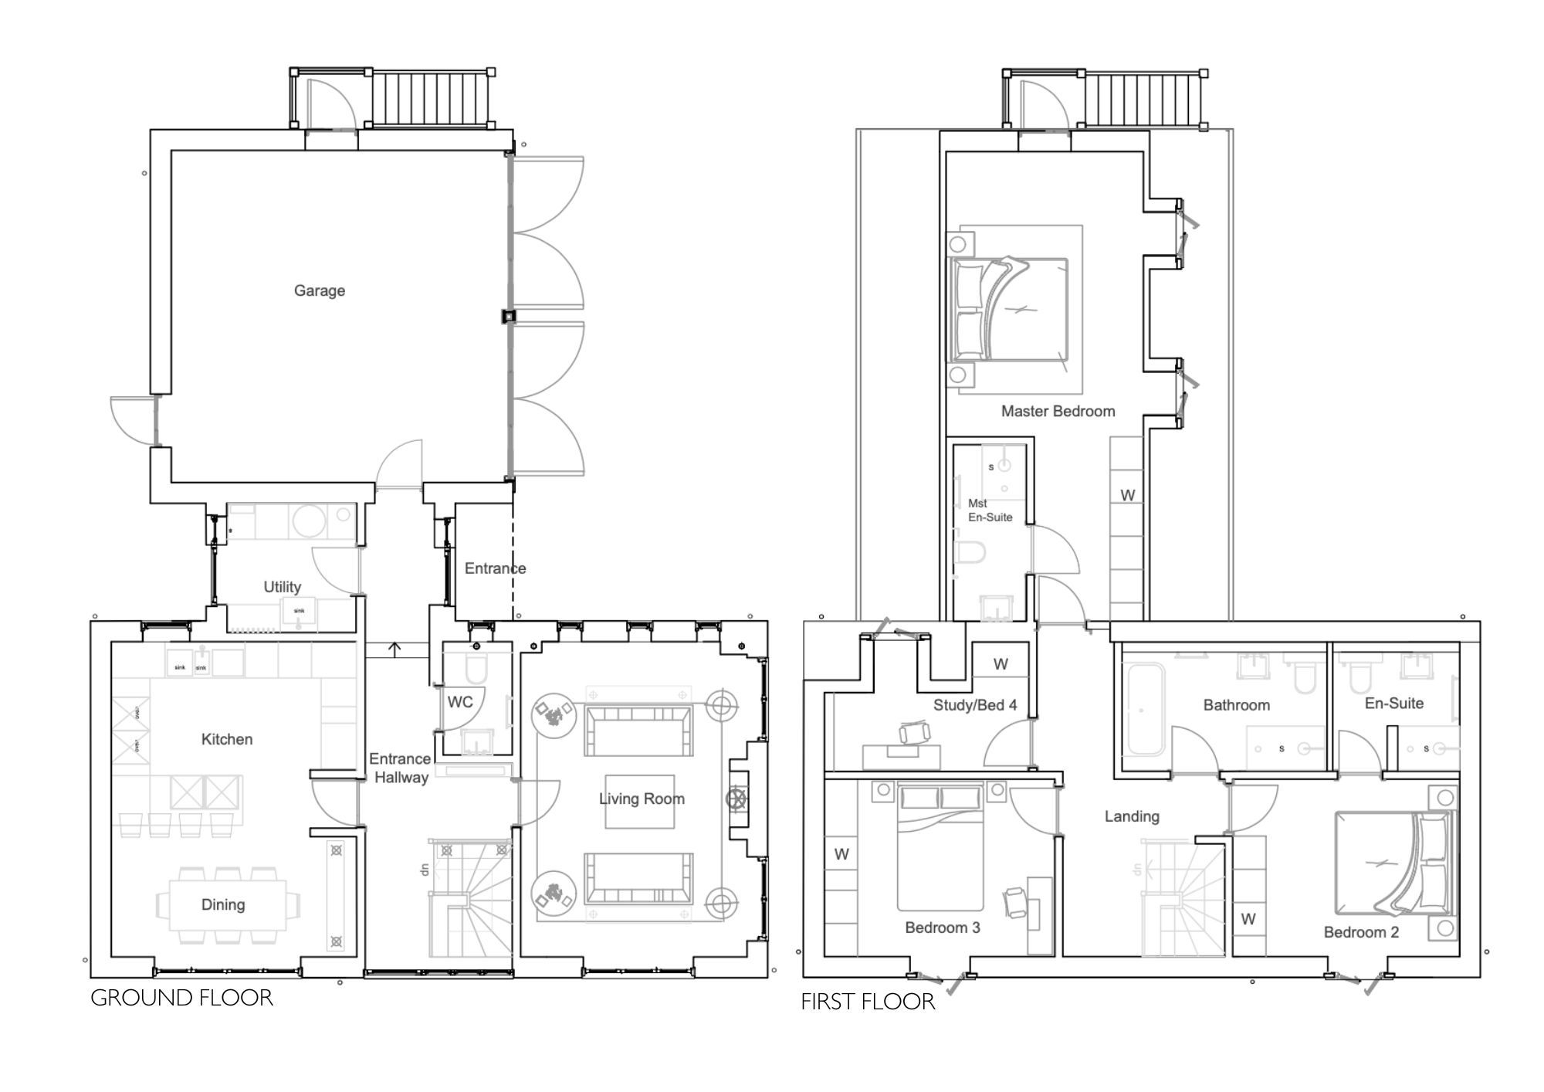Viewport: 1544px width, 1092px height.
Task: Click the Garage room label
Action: (319, 291)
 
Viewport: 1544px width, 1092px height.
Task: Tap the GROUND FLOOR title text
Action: (181, 998)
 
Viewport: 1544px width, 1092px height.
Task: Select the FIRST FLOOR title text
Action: (868, 1002)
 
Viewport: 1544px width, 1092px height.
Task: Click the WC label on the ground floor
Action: (460, 702)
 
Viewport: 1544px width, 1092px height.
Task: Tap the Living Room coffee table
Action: (639, 802)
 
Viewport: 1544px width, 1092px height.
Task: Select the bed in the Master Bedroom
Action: (1011, 309)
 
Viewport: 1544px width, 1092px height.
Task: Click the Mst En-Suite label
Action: (989, 510)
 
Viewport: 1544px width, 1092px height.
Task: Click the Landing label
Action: (1131, 816)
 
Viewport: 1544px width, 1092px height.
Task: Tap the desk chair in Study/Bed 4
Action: (914, 732)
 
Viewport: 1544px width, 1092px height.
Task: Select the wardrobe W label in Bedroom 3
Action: (841, 854)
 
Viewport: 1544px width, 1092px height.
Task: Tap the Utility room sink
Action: (300, 611)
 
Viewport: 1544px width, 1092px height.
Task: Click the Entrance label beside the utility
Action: (495, 568)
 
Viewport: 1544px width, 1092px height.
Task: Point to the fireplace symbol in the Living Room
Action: (737, 799)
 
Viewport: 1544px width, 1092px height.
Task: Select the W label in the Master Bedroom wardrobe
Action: (1127, 496)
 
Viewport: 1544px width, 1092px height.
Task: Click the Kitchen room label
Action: (226, 739)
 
